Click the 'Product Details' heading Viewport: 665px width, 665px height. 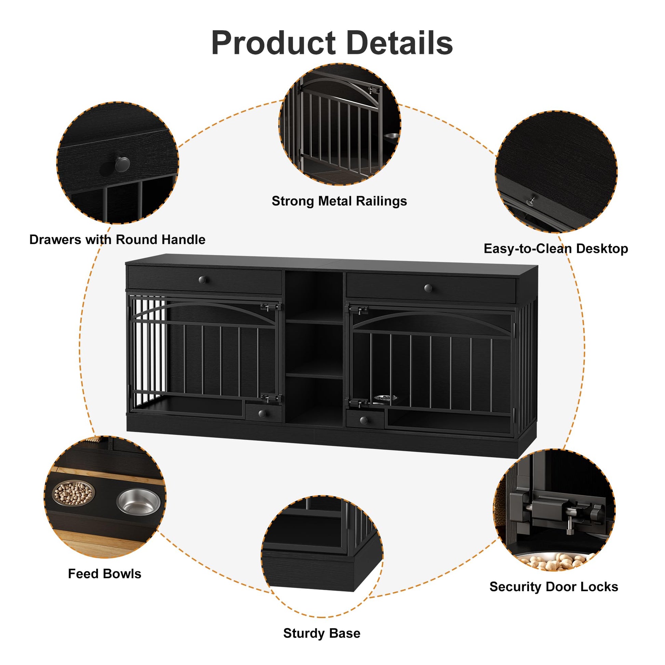332,43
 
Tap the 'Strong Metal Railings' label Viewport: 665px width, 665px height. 339,201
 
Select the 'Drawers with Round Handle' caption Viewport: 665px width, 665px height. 117,239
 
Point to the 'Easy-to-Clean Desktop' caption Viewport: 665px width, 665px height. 556,248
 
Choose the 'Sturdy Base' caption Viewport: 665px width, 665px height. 322,633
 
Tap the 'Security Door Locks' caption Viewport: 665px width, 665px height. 554,586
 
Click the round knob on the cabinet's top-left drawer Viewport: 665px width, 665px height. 203,280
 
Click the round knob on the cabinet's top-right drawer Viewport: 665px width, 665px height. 428,288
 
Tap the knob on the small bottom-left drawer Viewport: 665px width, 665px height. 262,413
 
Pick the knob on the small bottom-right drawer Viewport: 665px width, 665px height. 364,420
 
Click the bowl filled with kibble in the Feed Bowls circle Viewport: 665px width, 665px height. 73,493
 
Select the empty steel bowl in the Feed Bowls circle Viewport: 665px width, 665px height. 138,502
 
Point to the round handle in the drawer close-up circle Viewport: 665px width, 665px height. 122,164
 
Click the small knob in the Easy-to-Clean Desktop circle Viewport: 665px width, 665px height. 532,200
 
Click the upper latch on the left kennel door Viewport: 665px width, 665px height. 270,306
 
